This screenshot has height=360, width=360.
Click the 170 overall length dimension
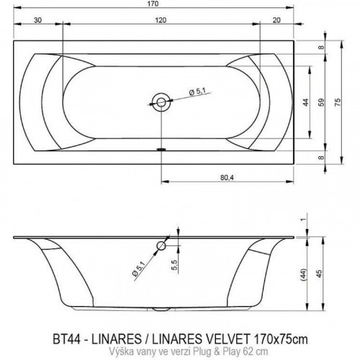(153, 4)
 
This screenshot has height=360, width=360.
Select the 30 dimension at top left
(37, 20)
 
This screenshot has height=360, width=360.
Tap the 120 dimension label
(161, 20)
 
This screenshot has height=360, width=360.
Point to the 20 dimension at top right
(276, 20)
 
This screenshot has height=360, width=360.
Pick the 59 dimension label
(321, 102)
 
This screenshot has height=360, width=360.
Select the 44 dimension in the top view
(305, 102)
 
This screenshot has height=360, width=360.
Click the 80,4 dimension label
(227, 177)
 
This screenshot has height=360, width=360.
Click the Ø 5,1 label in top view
(198, 91)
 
